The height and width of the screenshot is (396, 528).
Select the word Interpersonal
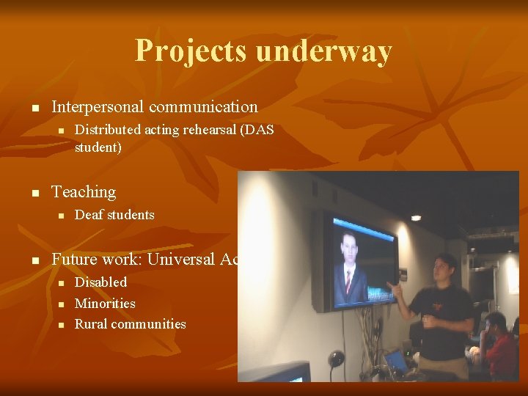[98, 107]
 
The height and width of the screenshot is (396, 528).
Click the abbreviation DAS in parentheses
[257, 130]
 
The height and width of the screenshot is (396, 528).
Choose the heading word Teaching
[84, 192]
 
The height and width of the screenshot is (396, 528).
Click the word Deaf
[89, 215]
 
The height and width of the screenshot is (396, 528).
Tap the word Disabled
[101, 282]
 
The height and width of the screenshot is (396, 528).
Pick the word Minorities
[105, 303]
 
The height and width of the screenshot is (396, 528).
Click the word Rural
[91, 324]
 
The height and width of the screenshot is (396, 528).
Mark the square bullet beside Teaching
[34, 193]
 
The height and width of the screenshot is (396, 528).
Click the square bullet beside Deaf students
[62, 216]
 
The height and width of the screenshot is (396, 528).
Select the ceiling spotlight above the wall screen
[416, 218]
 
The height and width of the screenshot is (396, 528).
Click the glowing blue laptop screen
[396, 361]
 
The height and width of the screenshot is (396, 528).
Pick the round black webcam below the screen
[336, 359]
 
